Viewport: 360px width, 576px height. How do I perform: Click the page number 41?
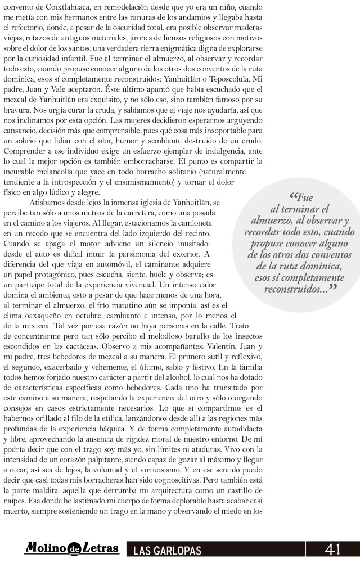333,550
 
